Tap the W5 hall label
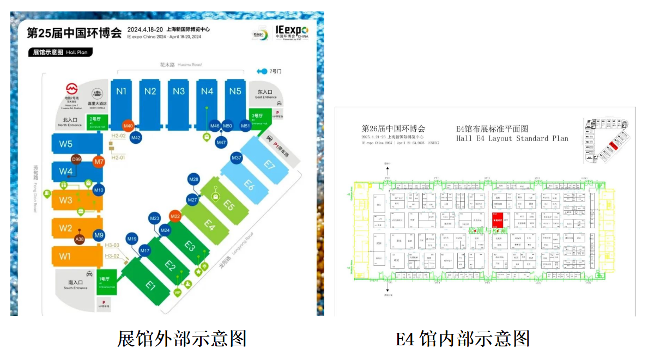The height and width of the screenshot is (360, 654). [66, 144]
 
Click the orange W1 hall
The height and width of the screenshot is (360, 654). [65, 256]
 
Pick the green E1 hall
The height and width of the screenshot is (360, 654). [150, 285]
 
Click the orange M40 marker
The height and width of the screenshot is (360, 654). [128, 126]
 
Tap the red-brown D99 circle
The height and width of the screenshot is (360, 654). [77, 160]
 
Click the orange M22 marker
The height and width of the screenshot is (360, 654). [175, 216]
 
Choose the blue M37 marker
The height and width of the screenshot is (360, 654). [237, 158]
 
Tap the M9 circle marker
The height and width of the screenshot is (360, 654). [99, 235]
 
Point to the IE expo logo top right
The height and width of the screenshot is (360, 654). [292, 32]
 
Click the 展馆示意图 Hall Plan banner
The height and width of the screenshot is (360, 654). [60, 52]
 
